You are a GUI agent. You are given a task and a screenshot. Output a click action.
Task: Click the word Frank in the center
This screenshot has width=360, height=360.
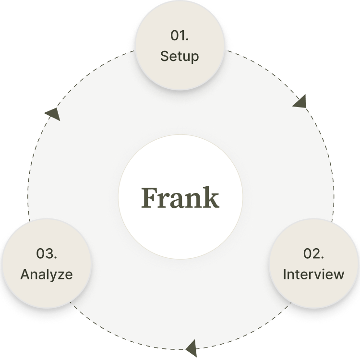pos(180,198)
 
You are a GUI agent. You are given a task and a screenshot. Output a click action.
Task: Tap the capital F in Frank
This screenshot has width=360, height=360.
pos(149,198)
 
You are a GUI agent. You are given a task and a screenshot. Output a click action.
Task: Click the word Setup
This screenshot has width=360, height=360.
pos(179,56)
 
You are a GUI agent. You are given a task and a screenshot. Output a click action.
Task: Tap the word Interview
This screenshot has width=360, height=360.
pos(313,275)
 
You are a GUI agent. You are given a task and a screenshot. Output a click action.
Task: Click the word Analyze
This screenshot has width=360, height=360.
pos(47,275)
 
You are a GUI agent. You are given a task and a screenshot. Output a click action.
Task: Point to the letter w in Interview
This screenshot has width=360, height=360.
pos(338,275)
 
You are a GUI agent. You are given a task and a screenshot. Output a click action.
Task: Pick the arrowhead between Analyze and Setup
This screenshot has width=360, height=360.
pos(48,113)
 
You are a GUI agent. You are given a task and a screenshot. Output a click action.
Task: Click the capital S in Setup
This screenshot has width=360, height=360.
pos(164,56)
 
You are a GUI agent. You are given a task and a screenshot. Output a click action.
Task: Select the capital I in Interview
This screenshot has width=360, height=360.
pos(284,275)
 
